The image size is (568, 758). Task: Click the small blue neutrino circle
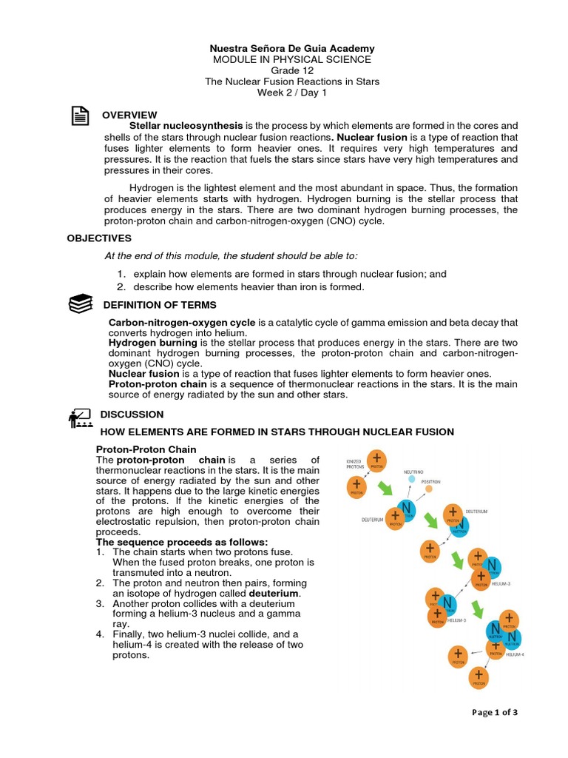click(412, 479)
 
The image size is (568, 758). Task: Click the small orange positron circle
click(429, 489)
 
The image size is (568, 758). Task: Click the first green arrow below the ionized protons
click(385, 489)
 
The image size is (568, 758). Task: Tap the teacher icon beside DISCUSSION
click(79, 417)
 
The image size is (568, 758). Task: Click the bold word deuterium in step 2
click(277, 594)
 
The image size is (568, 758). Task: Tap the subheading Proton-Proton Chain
click(146, 449)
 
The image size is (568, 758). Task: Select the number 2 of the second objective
click(121, 287)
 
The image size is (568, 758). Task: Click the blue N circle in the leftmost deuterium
click(405, 511)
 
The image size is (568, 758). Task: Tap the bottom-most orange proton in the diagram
click(479, 676)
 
